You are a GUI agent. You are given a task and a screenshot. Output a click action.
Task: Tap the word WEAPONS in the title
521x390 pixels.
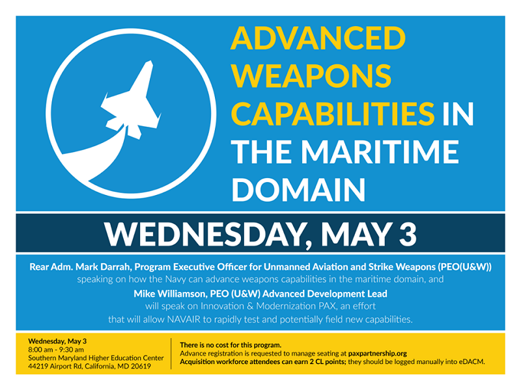[311, 75]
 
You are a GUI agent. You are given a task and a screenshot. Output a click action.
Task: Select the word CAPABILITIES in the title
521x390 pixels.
[333, 113]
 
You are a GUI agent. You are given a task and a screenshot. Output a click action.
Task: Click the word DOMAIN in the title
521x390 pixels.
[299, 189]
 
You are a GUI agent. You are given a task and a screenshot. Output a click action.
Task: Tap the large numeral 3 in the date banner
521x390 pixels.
[408, 234]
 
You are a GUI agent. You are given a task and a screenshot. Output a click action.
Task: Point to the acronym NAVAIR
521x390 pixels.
[184, 319]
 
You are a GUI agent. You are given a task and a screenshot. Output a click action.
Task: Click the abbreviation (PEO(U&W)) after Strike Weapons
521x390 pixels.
[464, 267]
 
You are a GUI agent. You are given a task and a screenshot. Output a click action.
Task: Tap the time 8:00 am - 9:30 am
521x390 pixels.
[56, 350]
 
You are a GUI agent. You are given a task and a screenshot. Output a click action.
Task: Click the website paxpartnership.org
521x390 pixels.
[378, 354]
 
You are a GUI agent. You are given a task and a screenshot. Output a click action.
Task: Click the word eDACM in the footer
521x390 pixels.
[472, 362]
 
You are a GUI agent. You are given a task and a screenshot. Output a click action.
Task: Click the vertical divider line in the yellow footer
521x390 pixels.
[171, 354]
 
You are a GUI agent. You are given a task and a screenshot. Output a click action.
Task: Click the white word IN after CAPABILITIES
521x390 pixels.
[458, 114]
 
